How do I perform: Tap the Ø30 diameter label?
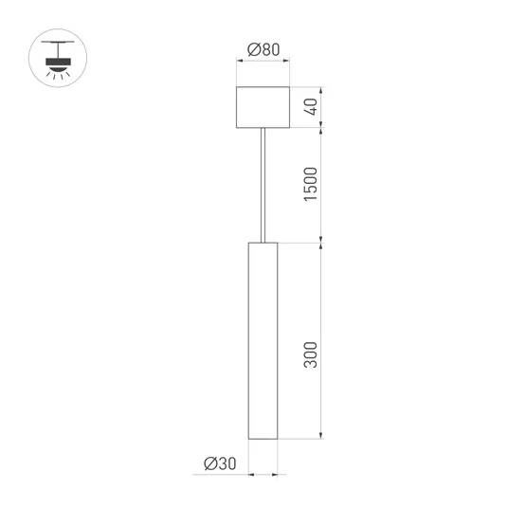219,463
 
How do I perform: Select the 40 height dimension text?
312,107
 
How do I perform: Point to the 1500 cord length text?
312,185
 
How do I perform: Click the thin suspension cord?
263,185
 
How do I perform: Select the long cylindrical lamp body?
263,341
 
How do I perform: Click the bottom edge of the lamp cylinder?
263,441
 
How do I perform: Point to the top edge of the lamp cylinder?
263,243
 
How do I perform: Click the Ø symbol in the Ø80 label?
252,48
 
